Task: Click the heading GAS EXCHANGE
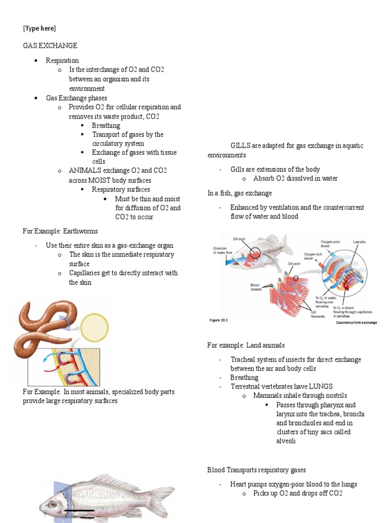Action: pyautogui.click(x=50, y=46)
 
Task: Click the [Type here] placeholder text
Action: pyautogui.click(x=39, y=28)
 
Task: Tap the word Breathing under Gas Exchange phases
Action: pyautogui.click(x=106, y=126)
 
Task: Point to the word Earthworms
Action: pyautogui.click(x=81, y=231)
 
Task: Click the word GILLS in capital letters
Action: pyautogui.click(x=242, y=146)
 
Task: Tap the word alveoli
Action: pyautogui.click(x=286, y=441)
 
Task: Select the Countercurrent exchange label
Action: pyautogui.click(x=356, y=323)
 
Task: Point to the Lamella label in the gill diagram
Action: pyautogui.click(x=359, y=242)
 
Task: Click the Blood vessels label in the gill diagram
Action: pyautogui.click(x=256, y=287)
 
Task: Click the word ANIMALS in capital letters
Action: pyautogui.click(x=85, y=171)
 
